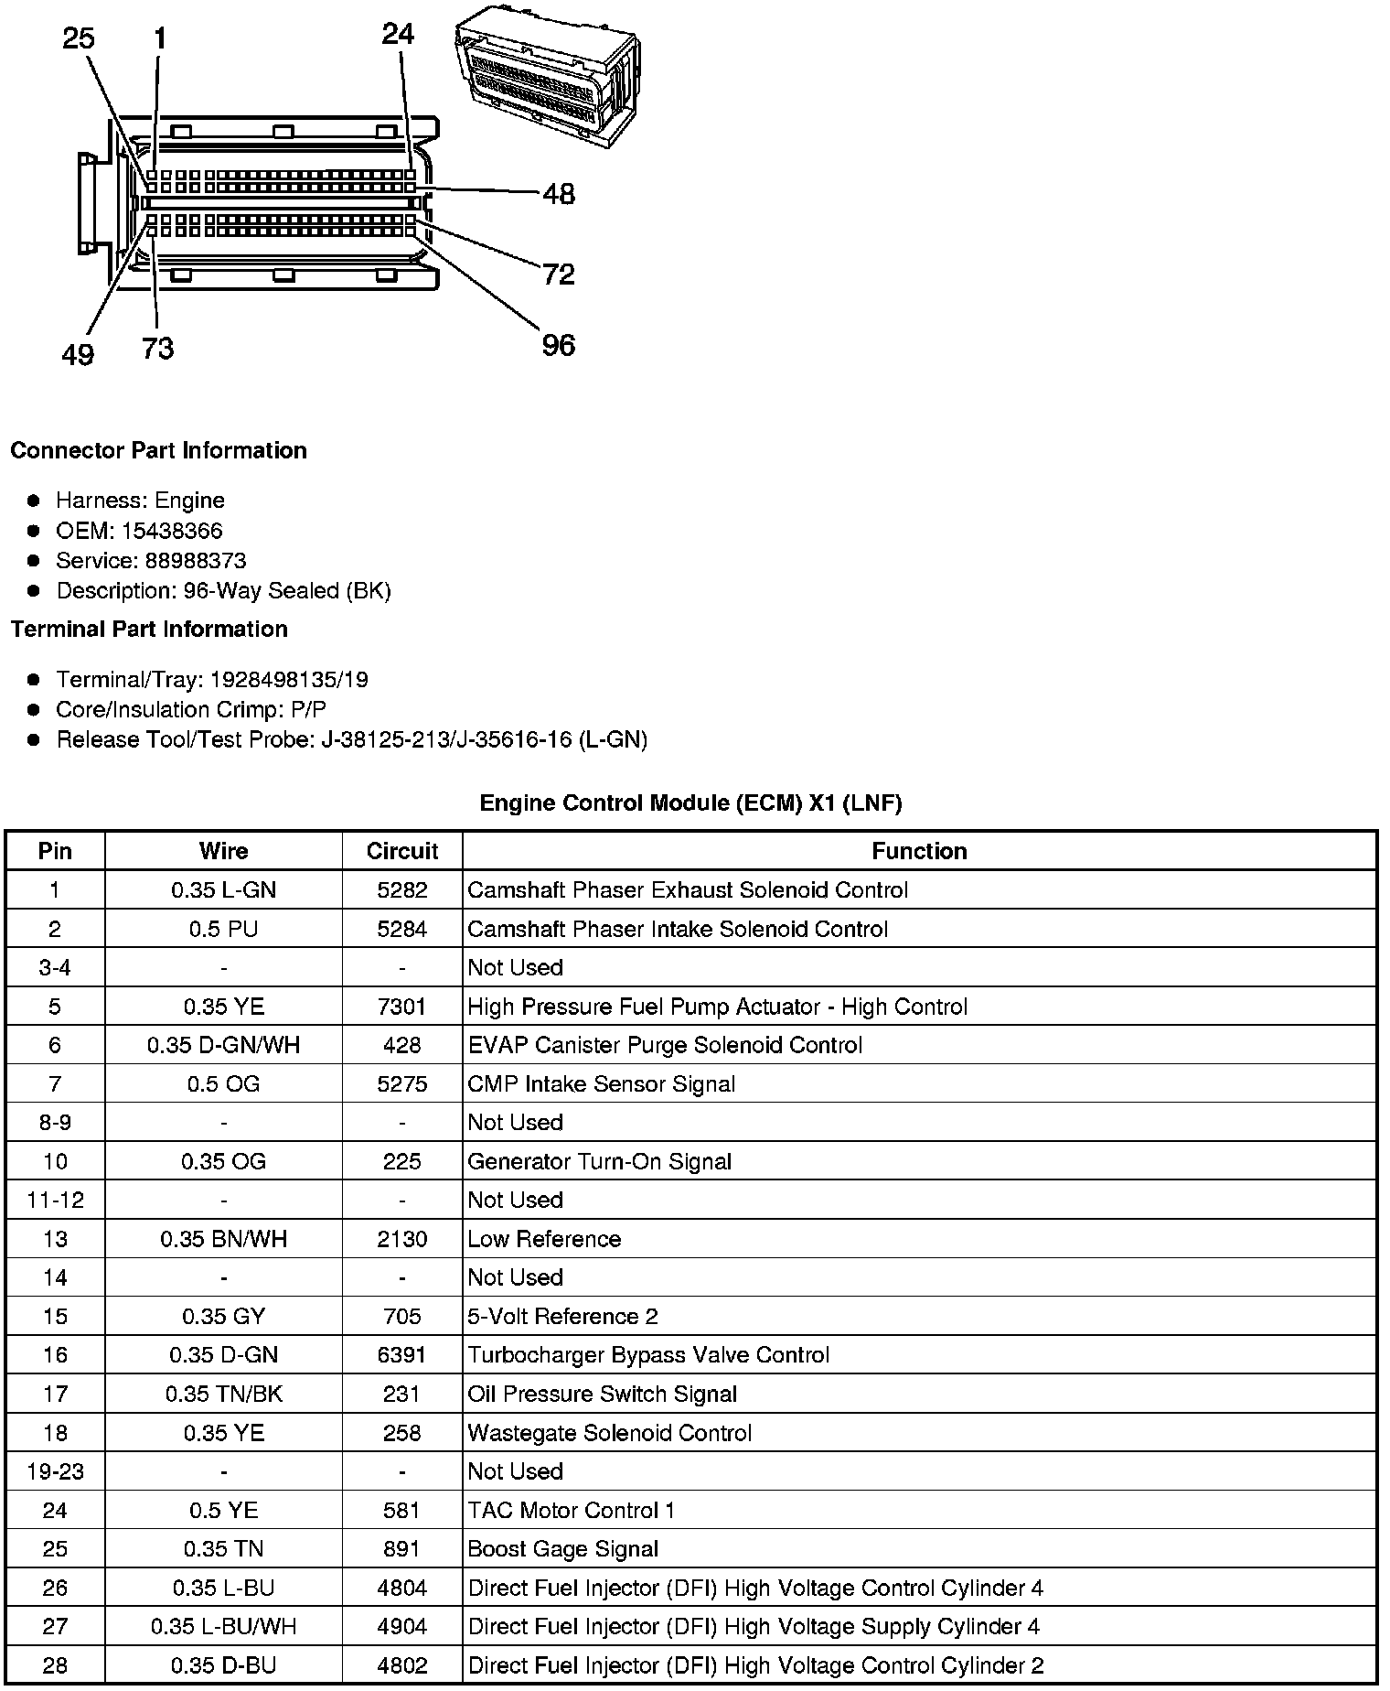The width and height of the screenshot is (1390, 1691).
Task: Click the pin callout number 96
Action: [x=558, y=345]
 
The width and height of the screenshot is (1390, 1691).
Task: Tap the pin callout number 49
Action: [x=78, y=354]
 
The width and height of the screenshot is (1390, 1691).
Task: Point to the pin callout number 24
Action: [x=398, y=34]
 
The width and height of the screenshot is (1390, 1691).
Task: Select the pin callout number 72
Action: [x=558, y=274]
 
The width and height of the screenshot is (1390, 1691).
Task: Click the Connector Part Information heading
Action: [x=158, y=450]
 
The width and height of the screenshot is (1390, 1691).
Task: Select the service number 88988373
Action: [x=196, y=561]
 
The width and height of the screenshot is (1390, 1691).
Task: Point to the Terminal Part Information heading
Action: [x=149, y=629]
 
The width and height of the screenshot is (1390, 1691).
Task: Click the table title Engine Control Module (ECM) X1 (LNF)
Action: [x=690, y=803]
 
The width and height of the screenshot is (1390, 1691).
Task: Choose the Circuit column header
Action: [x=401, y=851]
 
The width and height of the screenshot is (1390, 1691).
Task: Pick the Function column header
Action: [x=919, y=851]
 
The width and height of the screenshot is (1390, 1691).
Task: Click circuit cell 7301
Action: [x=401, y=1007]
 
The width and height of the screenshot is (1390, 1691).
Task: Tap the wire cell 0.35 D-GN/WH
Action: [x=223, y=1045]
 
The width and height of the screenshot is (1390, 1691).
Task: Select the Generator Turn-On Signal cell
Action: [x=599, y=1161]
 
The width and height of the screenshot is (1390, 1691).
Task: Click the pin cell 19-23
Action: [x=55, y=1471]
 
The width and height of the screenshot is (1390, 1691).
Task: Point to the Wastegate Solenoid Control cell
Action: [x=609, y=1433]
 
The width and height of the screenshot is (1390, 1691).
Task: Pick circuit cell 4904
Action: [x=401, y=1626]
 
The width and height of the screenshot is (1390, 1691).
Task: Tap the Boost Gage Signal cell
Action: [x=562, y=1549]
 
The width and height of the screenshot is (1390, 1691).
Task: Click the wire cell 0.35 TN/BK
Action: [x=223, y=1394]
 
